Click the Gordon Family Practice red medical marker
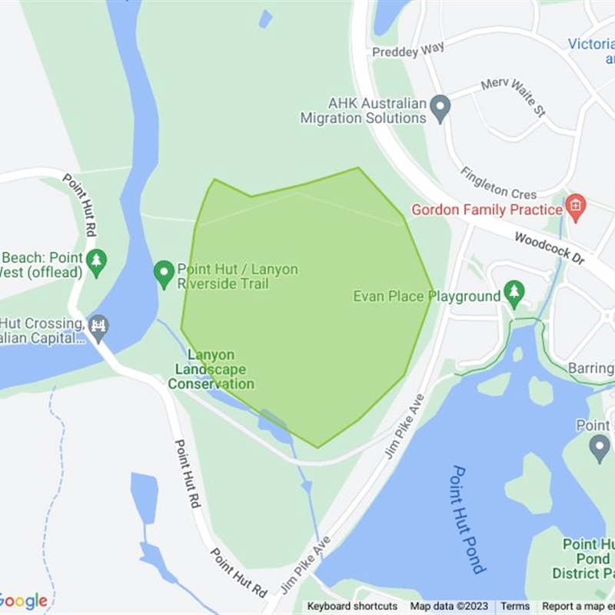point(575,207)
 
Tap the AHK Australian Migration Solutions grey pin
point(440,108)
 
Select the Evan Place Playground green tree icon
point(514,292)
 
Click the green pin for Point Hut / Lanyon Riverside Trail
point(164,273)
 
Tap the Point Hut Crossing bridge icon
point(98,327)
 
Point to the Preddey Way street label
point(408,50)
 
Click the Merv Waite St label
point(513,97)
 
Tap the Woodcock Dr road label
point(550,249)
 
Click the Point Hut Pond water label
point(468,519)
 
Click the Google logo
point(23,601)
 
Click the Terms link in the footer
point(515,607)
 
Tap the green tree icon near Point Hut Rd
point(96,261)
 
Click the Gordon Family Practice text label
point(487,209)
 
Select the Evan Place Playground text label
point(427,296)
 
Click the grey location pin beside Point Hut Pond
point(600,447)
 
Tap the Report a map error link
point(578,607)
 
